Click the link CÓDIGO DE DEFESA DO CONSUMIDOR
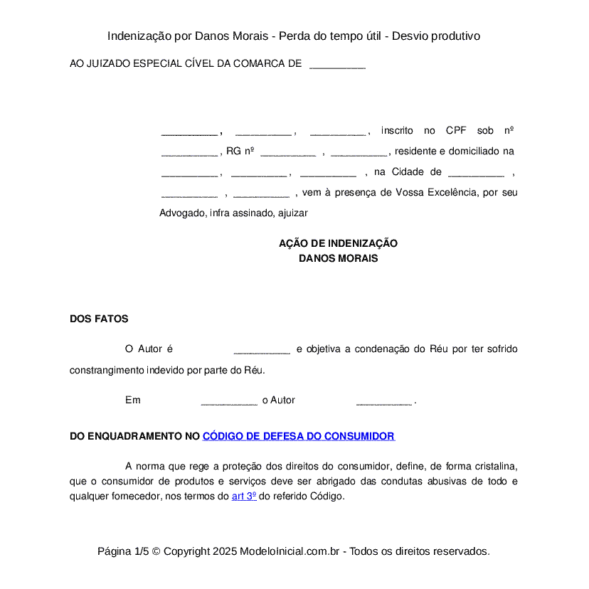pos(298,436)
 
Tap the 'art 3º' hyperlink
pos(244,497)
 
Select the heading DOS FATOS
pos(99,319)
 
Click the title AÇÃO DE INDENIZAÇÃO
pos(338,243)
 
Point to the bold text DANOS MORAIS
pos(338,258)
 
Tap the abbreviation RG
pos(233,151)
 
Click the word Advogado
pos(181,213)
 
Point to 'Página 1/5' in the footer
pos(123,551)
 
